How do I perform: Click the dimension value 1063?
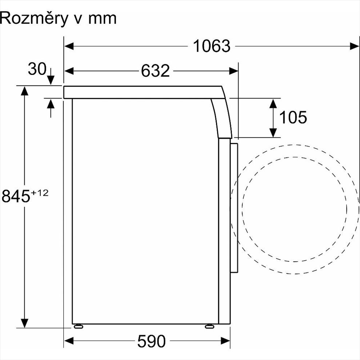pyautogui.click(x=211, y=46)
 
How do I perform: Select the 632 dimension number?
pyautogui.click(x=155, y=71)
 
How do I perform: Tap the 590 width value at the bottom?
pyautogui.click(x=151, y=341)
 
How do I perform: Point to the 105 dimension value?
pyautogui.click(x=293, y=117)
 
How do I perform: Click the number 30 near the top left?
pyautogui.click(x=37, y=69)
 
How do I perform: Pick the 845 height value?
pyautogui.click(x=16, y=196)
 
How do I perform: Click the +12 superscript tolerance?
pyautogui.click(x=40, y=193)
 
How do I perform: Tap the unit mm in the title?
pyautogui.click(x=103, y=19)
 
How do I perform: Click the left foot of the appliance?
pyautogui.click(x=78, y=326)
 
